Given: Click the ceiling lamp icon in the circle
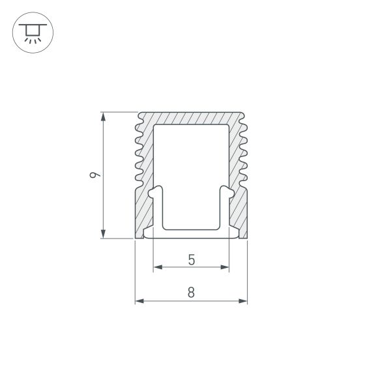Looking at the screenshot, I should coord(33,33).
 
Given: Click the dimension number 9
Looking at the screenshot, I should coord(95,175).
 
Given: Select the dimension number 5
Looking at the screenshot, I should coord(191,259).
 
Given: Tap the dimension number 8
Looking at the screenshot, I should coord(191,293).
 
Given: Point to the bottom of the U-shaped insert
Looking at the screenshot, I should coord(191,229).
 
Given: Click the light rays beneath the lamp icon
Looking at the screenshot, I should coord(33,40).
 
